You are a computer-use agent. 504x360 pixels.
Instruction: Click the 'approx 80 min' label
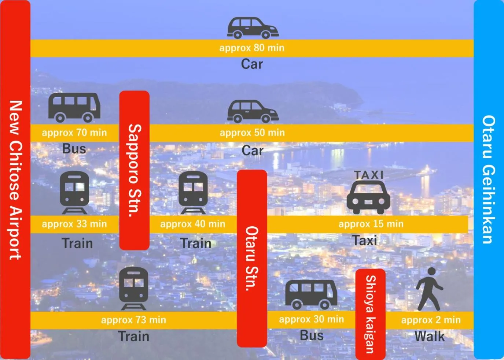pyautogui.click(x=252, y=48)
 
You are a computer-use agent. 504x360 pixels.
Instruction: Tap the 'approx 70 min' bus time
pyautogui.click(x=74, y=133)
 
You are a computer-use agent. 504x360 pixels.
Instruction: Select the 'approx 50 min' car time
pyautogui.click(x=252, y=133)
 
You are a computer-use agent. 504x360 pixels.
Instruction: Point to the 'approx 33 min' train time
pyautogui.click(x=74, y=224)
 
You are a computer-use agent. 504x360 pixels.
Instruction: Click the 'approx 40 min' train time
pyautogui.click(x=193, y=224)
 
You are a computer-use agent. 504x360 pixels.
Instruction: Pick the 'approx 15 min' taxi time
pyautogui.click(x=371, y=224)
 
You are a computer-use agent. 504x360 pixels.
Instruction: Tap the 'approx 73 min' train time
pyautogui.click(x=134, y=320)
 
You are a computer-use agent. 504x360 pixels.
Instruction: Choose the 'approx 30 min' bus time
pyautogui.click(x=312, y=319)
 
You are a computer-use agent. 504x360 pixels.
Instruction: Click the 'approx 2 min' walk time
pyautogui.click(x=431, y=320)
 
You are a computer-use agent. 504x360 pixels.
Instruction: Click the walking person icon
pyautogui.click(x=429, y=289)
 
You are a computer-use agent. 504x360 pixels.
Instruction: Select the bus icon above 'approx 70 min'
pyautogui.click(x=74, y=107)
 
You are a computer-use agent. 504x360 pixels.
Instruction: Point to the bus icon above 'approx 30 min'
pyautogui.click(x=311, y=294)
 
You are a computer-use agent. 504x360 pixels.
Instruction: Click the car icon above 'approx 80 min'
pyautogui.click(x=253, y=28)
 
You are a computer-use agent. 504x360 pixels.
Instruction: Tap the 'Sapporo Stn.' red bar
pyautogui.click(x=135, y=170)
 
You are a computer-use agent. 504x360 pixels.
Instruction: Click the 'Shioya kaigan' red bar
pyautogui.click(x=370, y=314)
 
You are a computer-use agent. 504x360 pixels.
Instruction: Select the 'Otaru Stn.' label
pyautogui.click(x=252, y=259)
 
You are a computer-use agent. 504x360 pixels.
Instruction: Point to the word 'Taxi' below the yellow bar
pyautogui.click(x=365, y=241)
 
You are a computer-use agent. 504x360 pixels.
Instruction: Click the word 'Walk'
pyautogui.click(x=430, y=336)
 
